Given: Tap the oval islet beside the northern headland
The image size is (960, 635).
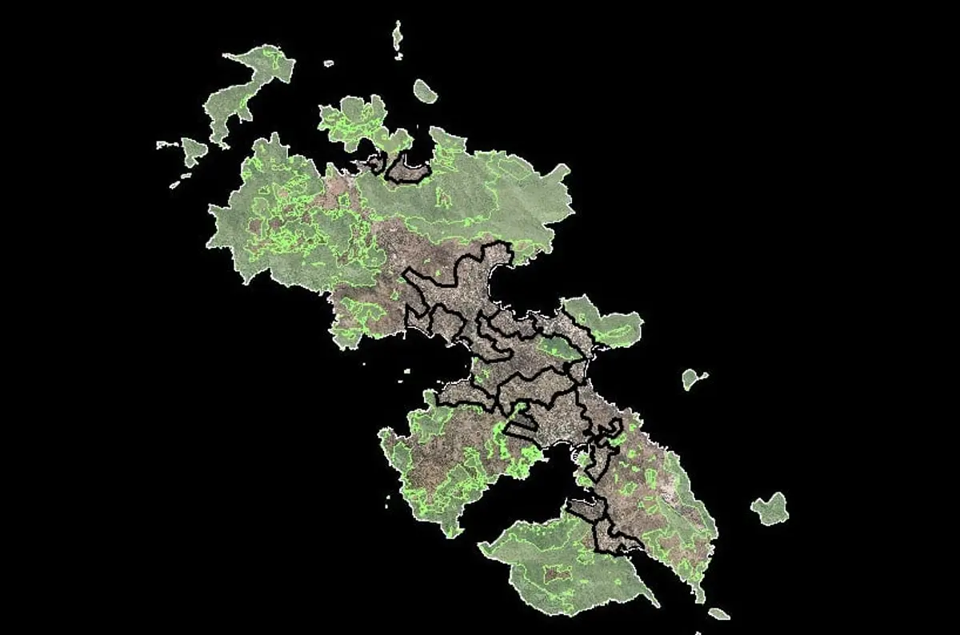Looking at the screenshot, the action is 425,92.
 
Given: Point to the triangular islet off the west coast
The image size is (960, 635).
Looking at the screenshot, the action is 193,150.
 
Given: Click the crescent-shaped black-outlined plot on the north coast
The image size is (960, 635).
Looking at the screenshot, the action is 408,170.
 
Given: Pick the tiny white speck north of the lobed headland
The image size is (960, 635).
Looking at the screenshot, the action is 328,62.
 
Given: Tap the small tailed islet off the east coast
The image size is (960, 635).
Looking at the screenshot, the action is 692,378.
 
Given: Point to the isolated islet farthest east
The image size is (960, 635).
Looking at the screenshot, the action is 770,509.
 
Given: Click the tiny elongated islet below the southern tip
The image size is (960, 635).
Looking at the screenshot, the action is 718,613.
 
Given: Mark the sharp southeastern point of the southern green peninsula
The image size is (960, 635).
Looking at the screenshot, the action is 656,604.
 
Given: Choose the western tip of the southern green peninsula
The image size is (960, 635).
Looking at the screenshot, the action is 482,547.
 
